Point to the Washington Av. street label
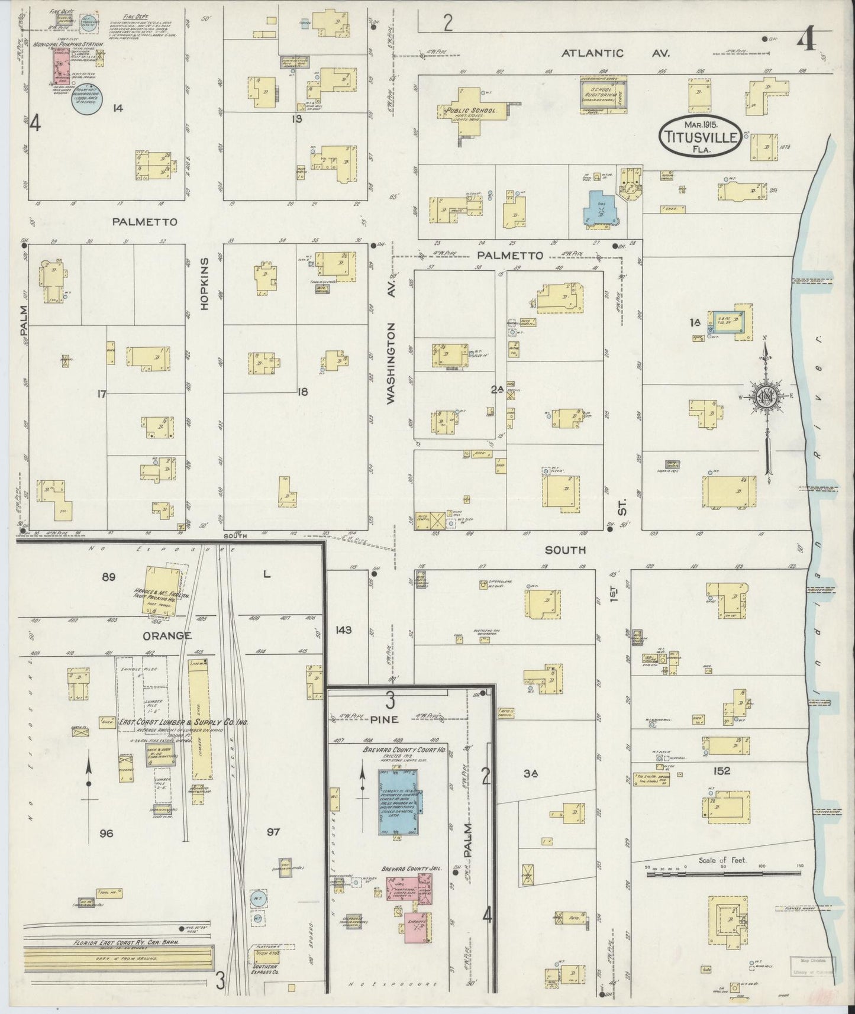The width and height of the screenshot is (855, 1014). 391,366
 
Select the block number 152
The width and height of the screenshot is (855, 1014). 722,771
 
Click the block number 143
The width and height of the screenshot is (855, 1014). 343,630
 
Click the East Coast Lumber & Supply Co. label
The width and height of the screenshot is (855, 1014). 183,722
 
